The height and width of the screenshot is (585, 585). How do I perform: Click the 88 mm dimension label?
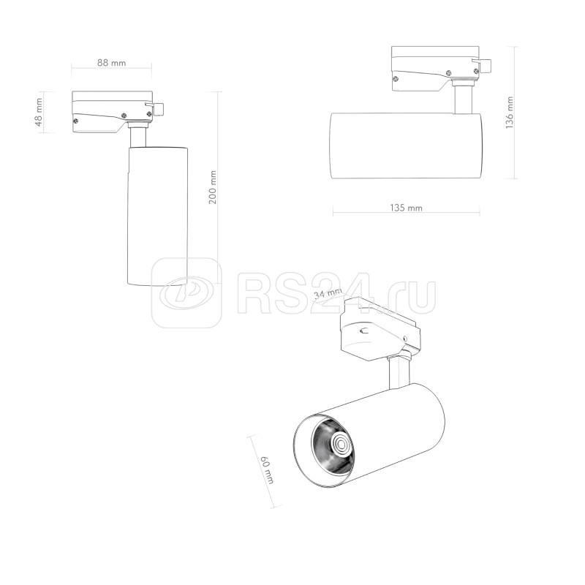click(111, 62)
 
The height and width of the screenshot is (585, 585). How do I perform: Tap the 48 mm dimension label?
click(39, 113)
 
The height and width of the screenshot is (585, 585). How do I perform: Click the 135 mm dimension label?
click(406, 208)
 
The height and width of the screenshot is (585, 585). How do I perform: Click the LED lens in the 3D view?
click(340, 443)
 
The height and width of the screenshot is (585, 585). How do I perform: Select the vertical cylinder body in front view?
click(157, 216)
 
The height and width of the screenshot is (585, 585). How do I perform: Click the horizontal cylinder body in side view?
click(406, 146)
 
